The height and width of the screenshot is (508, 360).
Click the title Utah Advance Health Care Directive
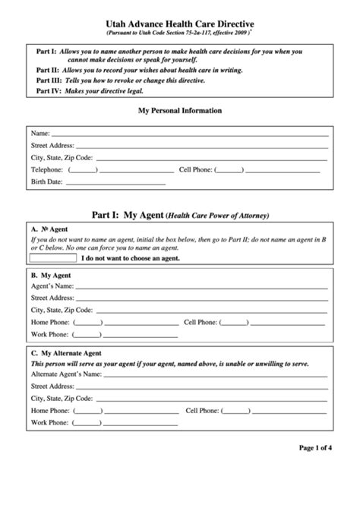coord(179,25)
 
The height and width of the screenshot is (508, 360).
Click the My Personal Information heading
coord(179,110)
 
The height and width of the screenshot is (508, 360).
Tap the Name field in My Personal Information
coord(190,133)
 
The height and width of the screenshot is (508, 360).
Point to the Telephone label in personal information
coord(46,170)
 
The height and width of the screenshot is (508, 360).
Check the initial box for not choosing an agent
coord(53,257)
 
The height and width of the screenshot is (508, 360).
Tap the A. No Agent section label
coord(49,228)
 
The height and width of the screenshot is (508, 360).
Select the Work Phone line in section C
coord(125,422)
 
